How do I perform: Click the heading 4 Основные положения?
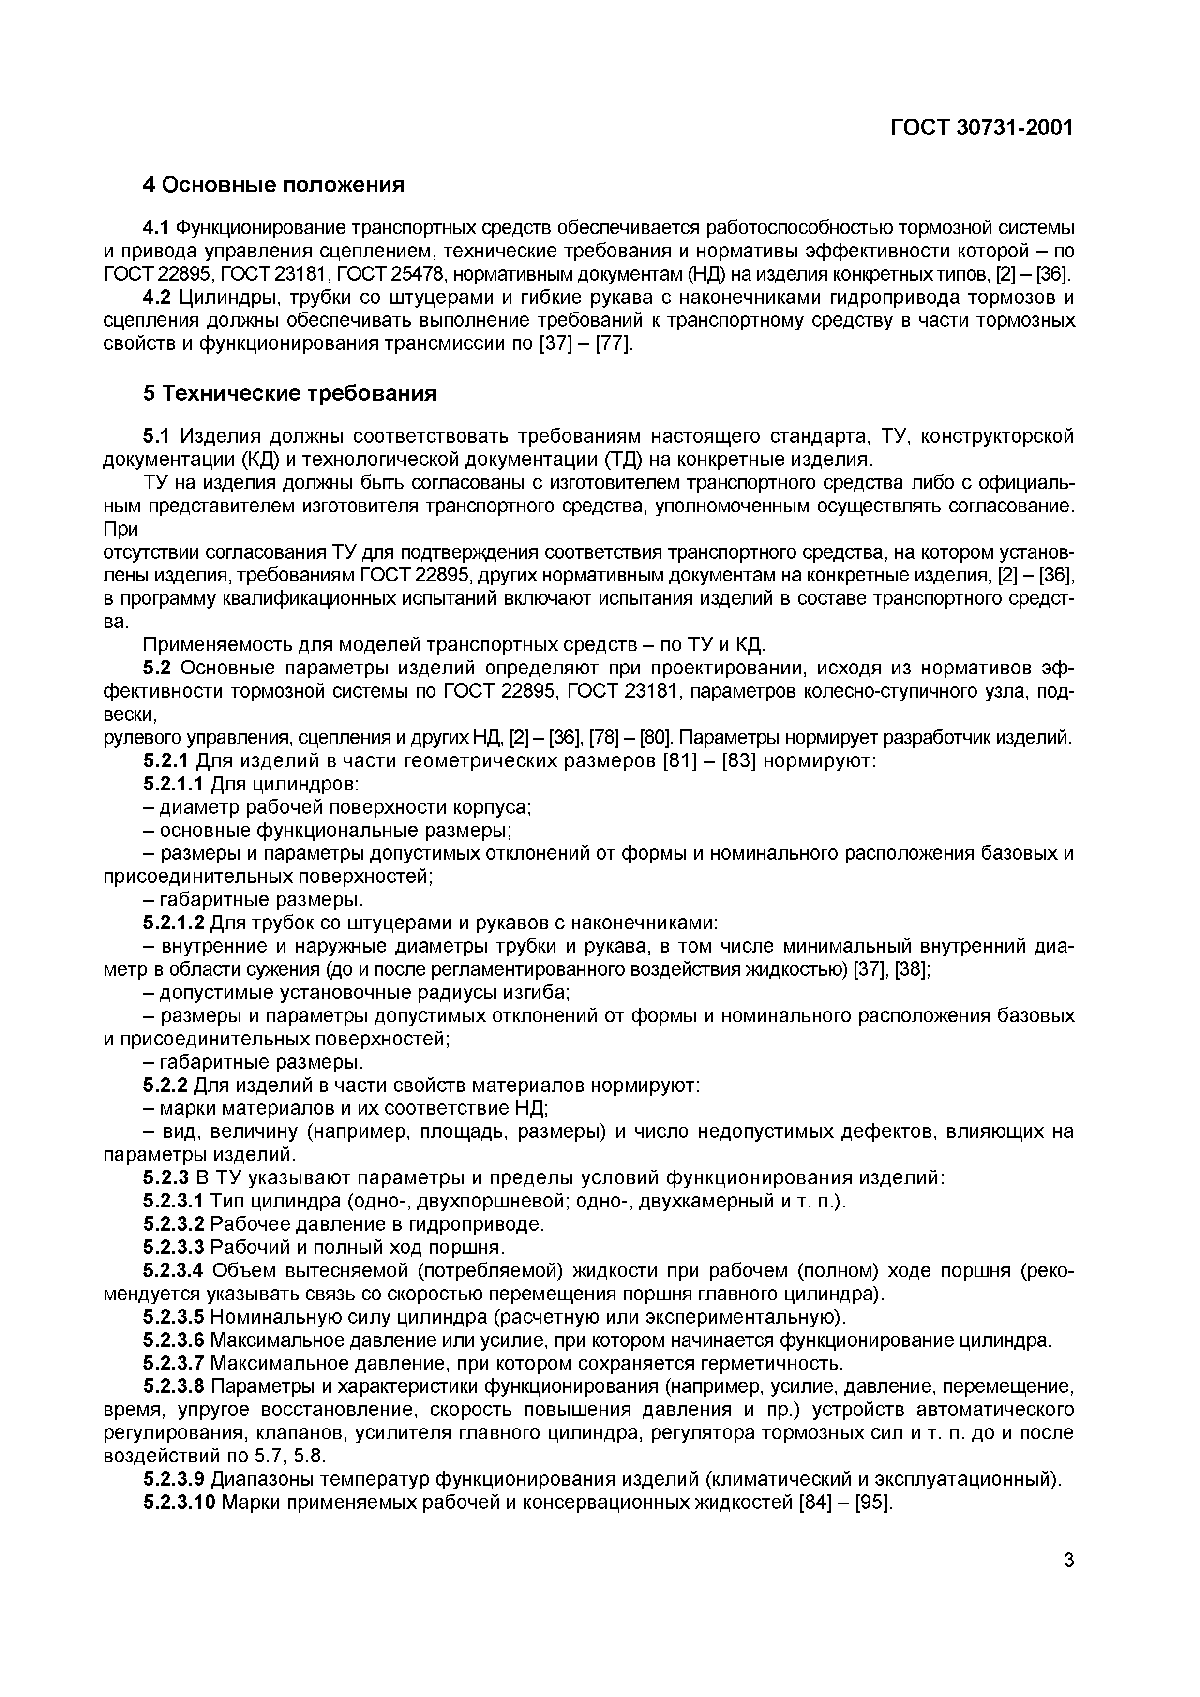(x=273, y=185)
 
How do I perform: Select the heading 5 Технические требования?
(x=290, y=393)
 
